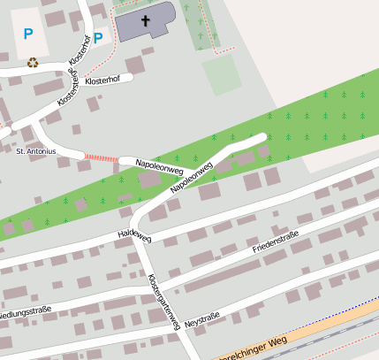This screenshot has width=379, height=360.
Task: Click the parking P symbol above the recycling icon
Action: [x=28, y=34]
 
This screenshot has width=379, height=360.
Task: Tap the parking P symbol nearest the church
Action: [x=98, y=38]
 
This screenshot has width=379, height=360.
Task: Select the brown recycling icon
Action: [x=33, y=63]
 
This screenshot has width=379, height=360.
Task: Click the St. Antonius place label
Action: [x=36, y=151]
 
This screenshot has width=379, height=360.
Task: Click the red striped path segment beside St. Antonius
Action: [x=100, y=157]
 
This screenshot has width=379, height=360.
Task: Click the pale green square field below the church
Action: [x=221, y=74]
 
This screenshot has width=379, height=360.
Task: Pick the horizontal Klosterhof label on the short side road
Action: [x=102, y=80]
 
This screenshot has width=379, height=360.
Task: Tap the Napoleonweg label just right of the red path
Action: [x=158, y=165]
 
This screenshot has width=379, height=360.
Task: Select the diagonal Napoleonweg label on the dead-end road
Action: [x=193, y=177]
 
